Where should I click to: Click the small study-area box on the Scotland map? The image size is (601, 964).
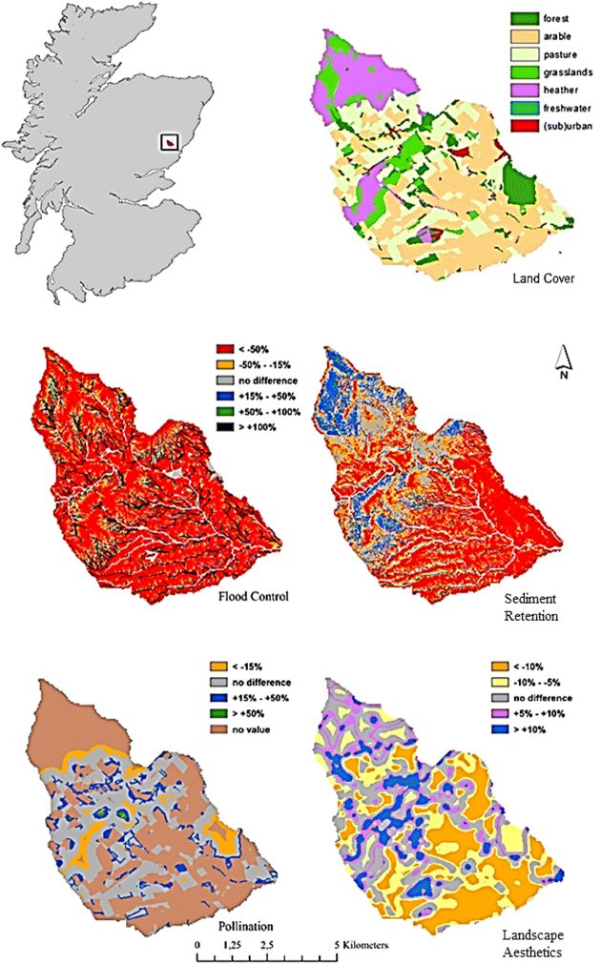coord(170,142)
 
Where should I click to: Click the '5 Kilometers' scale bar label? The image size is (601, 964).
coord(364,945)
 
